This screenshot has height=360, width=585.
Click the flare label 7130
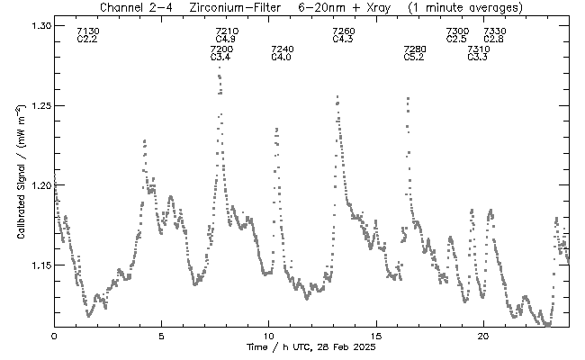[88, 31]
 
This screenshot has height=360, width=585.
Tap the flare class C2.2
[87, 40]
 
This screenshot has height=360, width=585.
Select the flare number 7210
[227, 31]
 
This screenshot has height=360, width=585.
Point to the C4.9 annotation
[225, 40]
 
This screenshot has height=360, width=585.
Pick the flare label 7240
[282, 49]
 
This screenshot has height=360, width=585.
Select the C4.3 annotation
[343, 40]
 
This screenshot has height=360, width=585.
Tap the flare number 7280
[414, 49]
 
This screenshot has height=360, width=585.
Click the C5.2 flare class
[413, 58]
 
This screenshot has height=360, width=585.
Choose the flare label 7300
[457, 31]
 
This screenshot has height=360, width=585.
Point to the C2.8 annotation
[493, 40]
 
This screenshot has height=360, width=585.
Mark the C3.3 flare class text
[478, 58]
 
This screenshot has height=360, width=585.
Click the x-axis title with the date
[310, 348]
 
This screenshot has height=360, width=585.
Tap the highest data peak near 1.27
[219, 68]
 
